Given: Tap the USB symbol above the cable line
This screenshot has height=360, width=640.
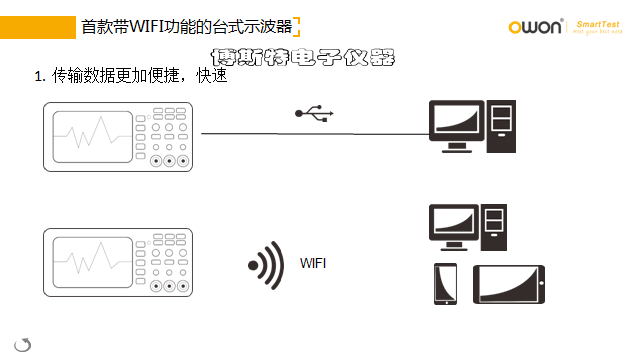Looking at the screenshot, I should [x=313, y=114].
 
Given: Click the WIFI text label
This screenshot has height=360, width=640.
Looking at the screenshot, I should [x=314, y=264].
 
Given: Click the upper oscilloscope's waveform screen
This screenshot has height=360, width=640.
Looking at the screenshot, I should [x=92, y=137].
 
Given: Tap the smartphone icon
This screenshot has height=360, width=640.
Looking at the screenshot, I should [x=445, y=283].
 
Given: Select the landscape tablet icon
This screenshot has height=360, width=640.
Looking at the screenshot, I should [x=509, y=284].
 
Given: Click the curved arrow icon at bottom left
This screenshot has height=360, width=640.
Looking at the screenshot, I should [x=23, y=344].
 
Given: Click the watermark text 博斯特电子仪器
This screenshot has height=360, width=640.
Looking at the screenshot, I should [x=299, y=59].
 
